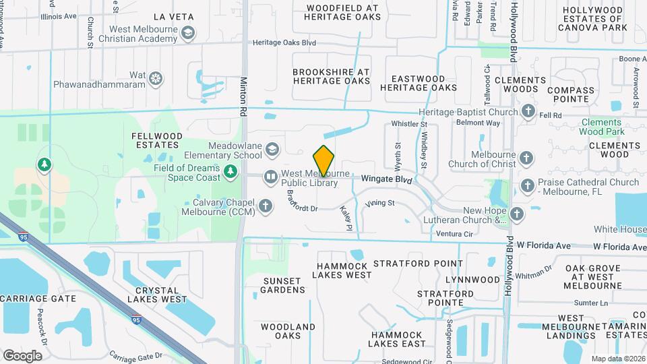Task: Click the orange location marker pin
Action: [324, 162]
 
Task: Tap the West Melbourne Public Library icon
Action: [270, 177]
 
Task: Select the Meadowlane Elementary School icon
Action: [272, 149]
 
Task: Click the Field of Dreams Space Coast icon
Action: [230, 173]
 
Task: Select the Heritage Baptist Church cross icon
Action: [529, 112]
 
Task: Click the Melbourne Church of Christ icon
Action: [526, 158]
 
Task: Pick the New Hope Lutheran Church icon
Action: [517, 214]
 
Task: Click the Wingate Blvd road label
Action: [386, 179]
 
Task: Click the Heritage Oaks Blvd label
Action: [284, 42]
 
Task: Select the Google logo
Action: [22, 355]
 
